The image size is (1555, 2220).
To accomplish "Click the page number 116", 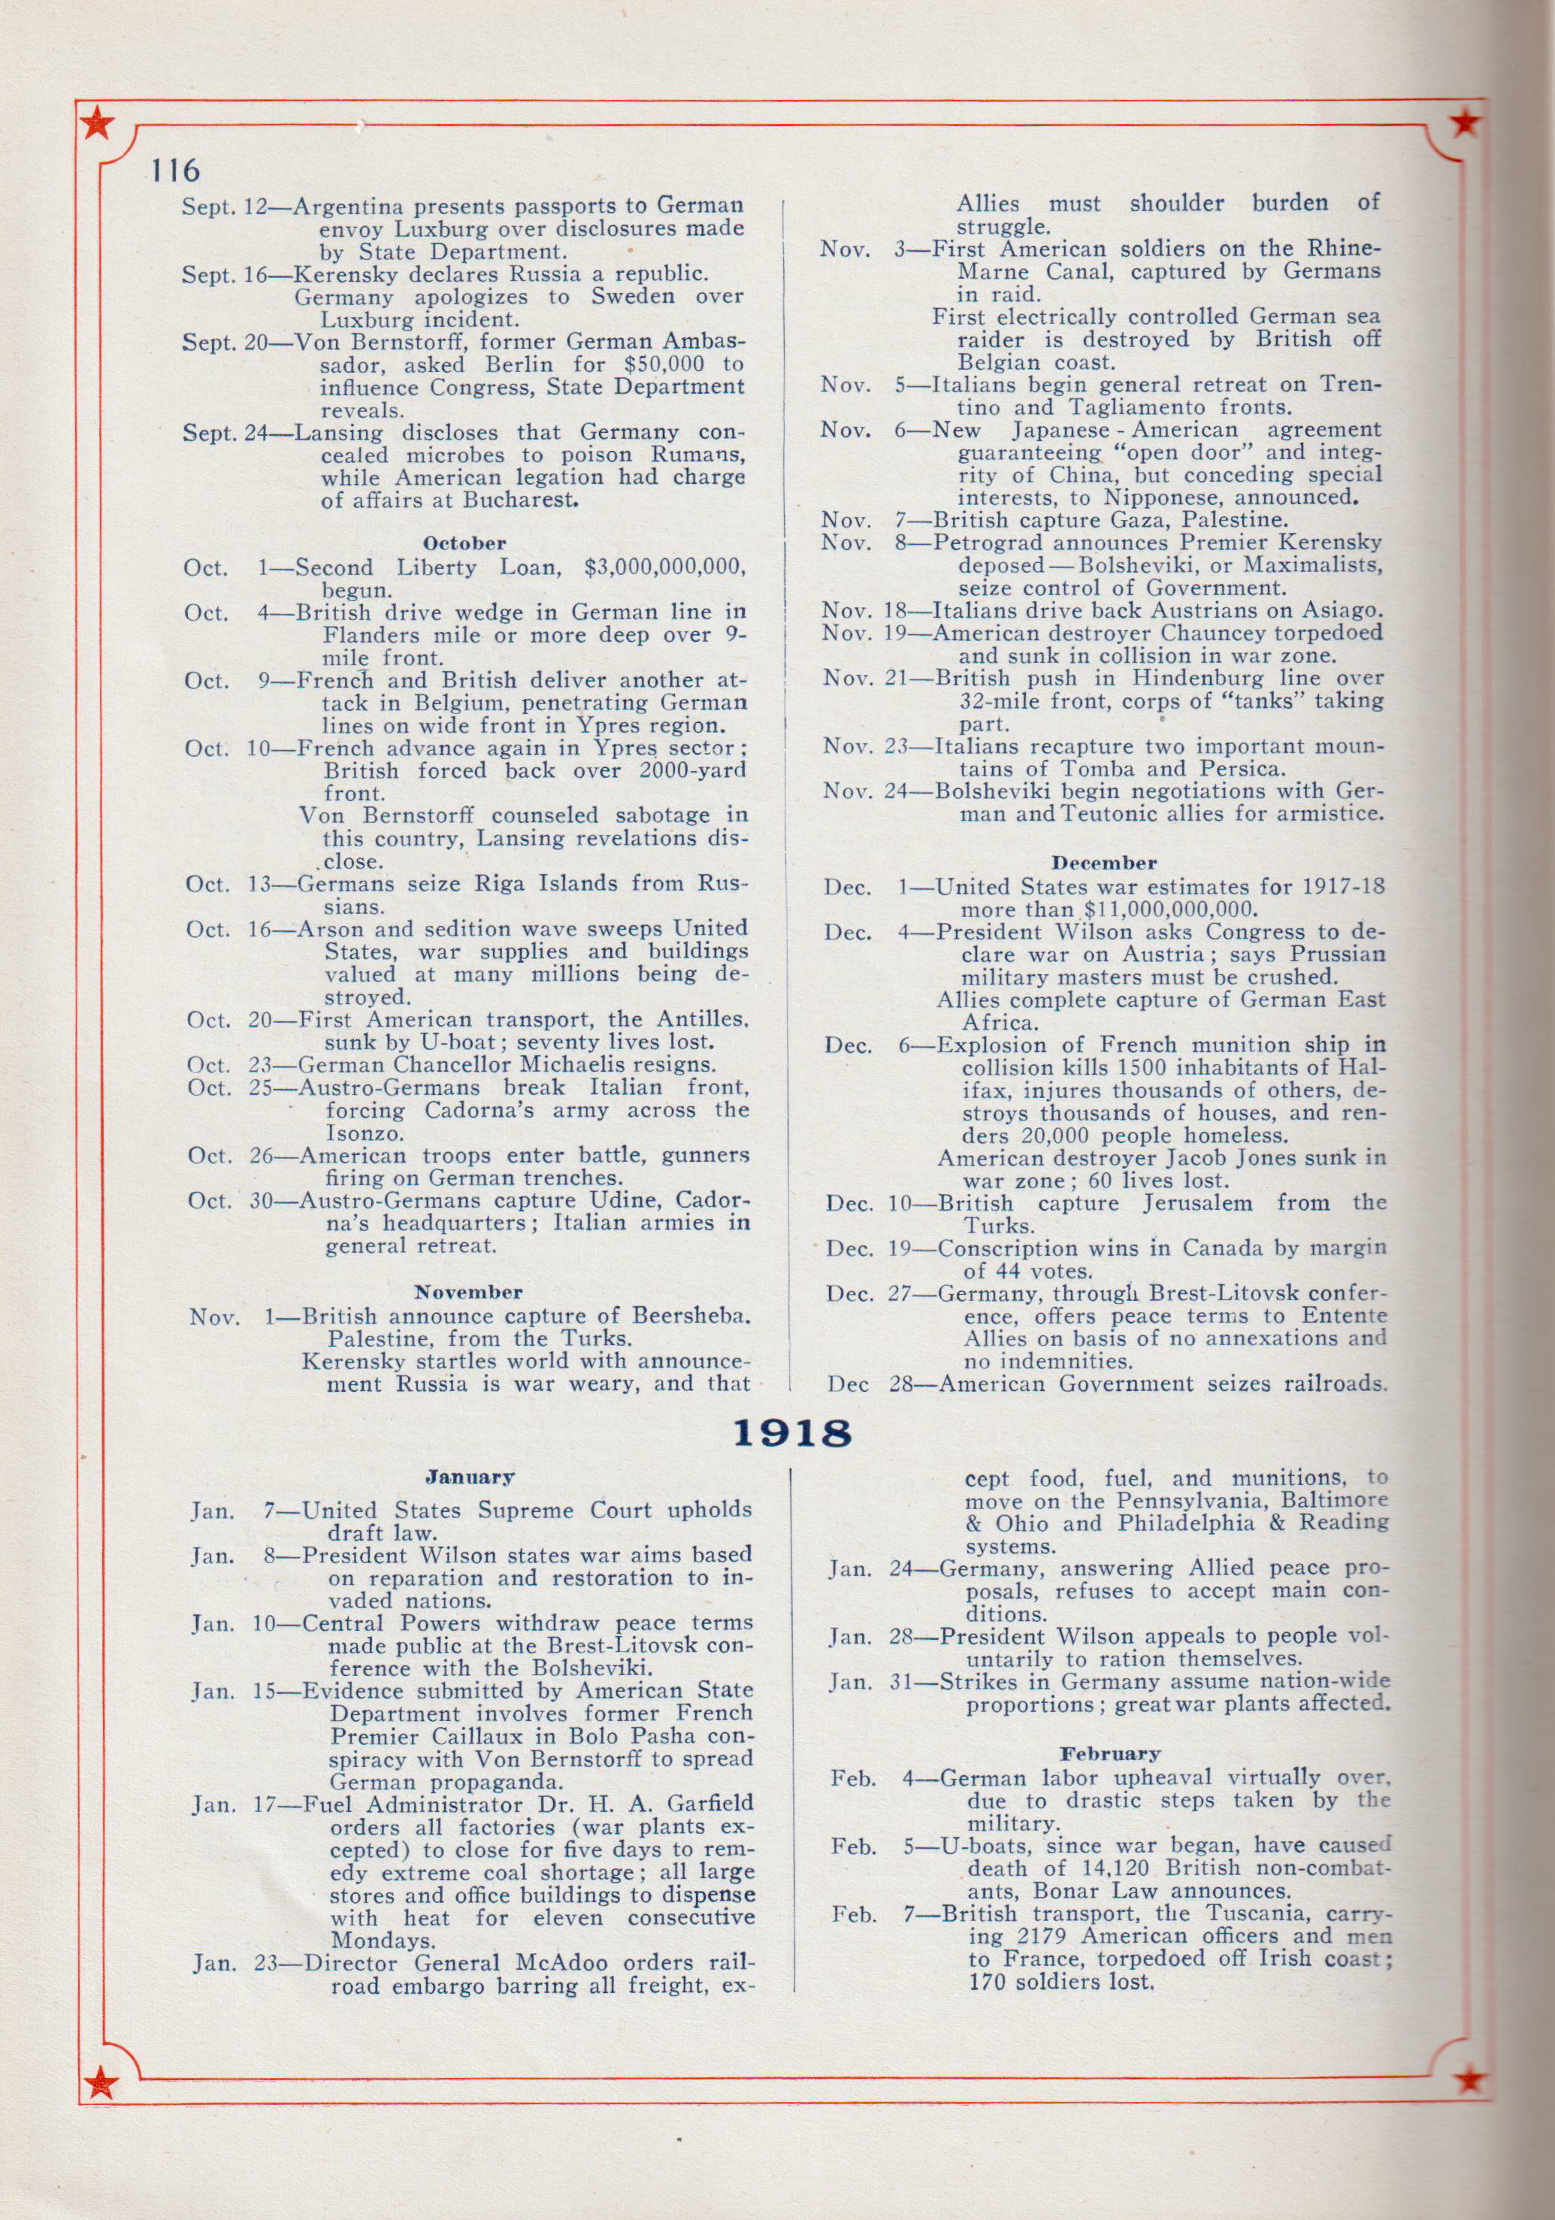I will [x=175, y=171].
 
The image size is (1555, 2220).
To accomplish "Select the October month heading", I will [x=464, y=543].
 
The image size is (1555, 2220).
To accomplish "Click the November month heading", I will [x=468, y=1292].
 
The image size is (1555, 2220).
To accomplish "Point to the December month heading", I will [x=1103, y=863].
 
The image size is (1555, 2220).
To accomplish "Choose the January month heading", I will [x=469, y=1477].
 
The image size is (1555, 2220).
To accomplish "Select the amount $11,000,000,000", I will [x=1170, y=910].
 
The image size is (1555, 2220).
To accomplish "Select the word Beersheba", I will [x=688, y=1316].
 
